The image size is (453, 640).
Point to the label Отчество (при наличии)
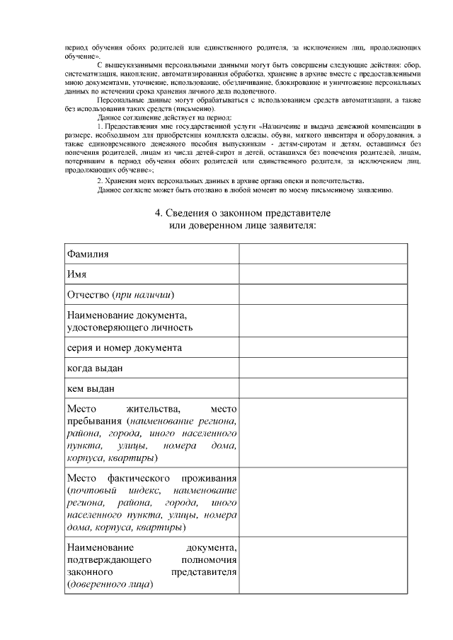pos(120,294)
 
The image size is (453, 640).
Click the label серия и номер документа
pos(125,348)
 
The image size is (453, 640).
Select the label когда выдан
pos(96,368)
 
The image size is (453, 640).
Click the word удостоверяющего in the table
pos(105,327)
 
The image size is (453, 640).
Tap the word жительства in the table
pos(153,409)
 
